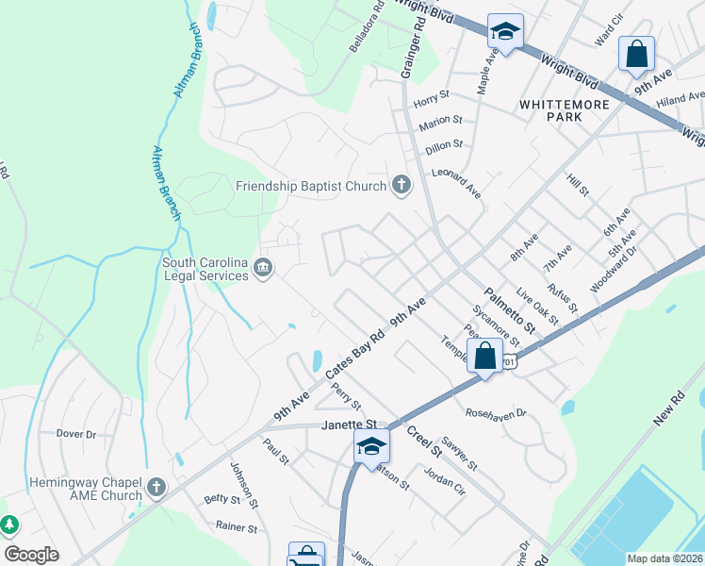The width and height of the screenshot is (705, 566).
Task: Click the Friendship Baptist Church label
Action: pyautogui.click(x=311, y=186)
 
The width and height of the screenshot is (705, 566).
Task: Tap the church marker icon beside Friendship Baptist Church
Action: pyautogui.click(x=402, y=185)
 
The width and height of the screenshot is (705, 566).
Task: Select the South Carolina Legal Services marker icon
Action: pyautogui.click(x=265, y=270)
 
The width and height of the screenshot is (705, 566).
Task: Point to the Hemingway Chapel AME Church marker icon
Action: pyautogui.click(x=156, y=488)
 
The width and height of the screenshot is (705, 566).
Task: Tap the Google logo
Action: pyautogui.click(x=31, y=555)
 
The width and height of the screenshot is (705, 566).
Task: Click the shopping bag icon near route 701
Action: pyautogui.click(x=485, y=358)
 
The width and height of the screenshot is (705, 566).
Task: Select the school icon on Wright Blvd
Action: pyautogui.click(x=505, y=33)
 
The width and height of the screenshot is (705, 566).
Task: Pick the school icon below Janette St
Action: pyautogui.click(x=371, y=446)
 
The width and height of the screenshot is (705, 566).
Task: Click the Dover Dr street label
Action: pyautogui.click(x=76, y=434)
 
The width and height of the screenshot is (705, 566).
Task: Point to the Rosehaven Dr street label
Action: pyautogui.click(x=495, y=413)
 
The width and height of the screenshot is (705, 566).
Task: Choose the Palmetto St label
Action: pyautogui.click(x=509, y=311)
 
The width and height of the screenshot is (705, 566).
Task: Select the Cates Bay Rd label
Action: pyautogui.click(x=356, y=354)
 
